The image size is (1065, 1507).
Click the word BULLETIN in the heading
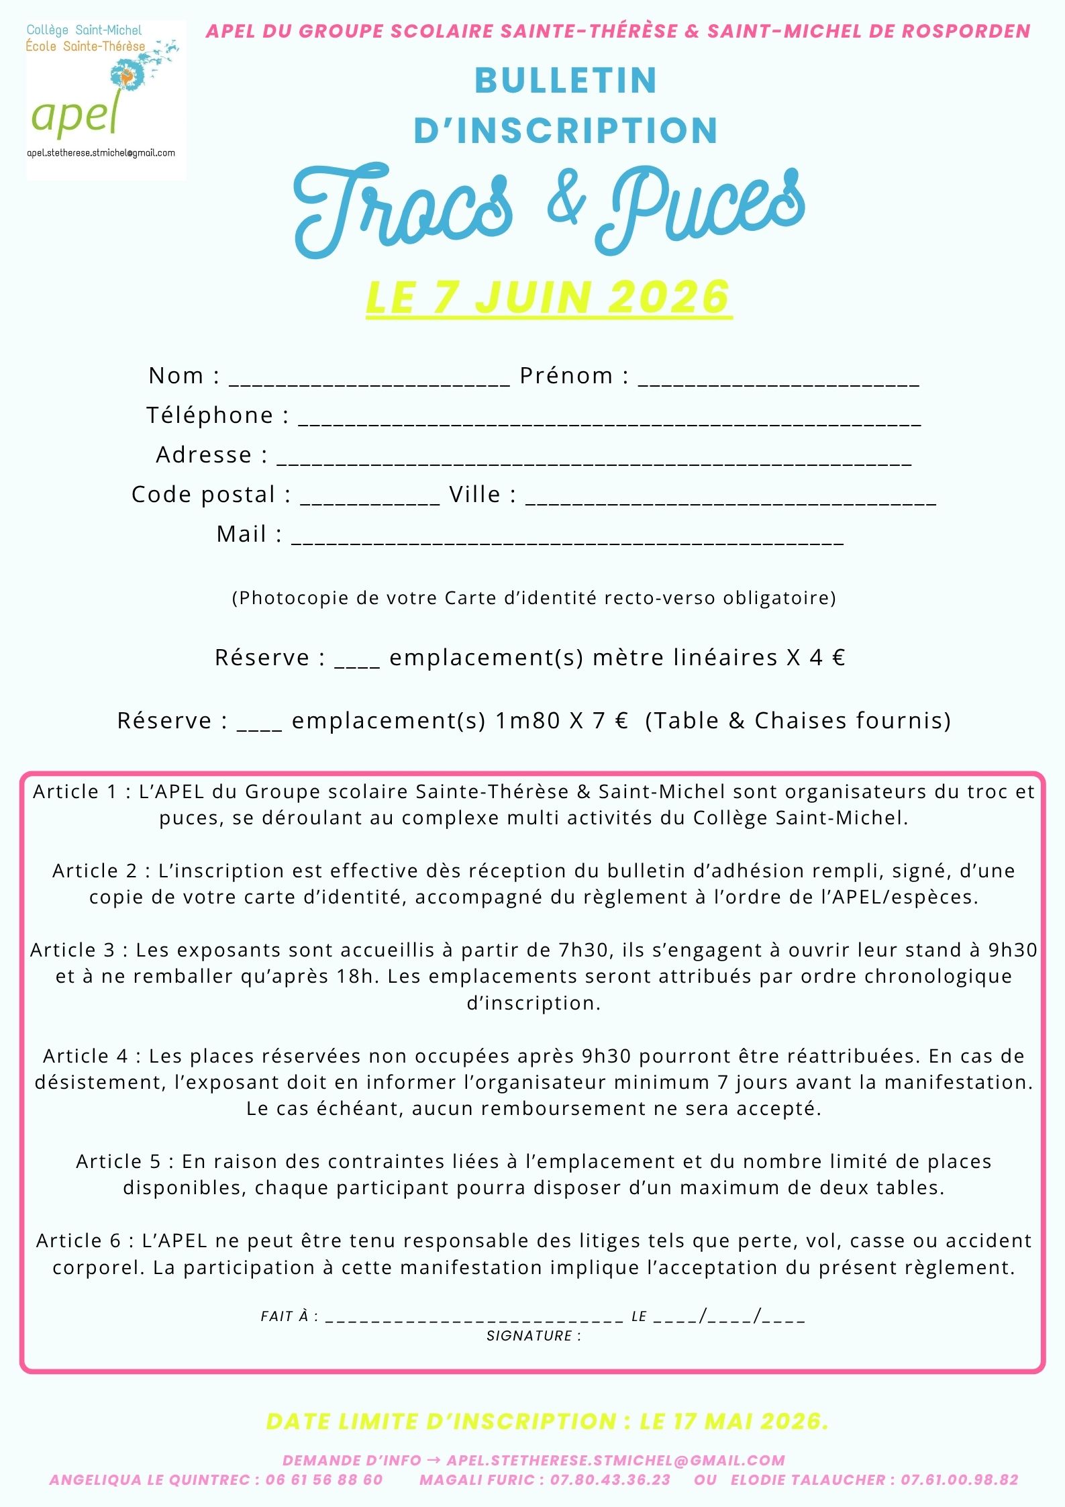566,81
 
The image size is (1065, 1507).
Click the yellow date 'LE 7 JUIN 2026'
548,297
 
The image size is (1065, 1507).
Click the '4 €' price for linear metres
827,657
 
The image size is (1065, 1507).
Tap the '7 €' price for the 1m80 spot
610,720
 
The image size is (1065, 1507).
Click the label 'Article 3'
72,950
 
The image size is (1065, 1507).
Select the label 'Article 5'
118,1161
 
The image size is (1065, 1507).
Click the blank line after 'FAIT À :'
474,1316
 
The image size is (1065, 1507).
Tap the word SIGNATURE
529,1336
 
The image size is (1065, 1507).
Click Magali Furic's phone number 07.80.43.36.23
610,1479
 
